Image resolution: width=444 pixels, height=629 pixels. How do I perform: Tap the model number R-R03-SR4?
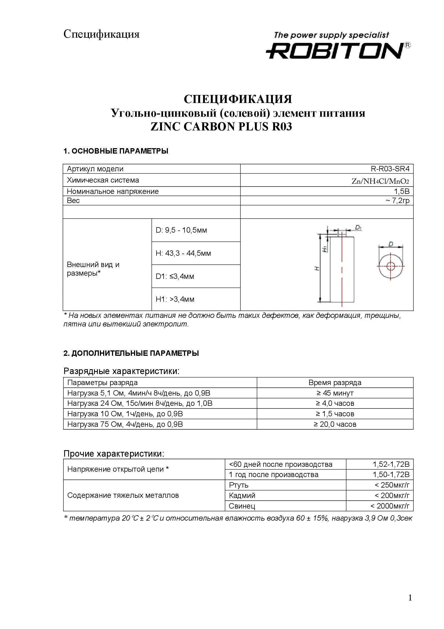(x=390, y=169)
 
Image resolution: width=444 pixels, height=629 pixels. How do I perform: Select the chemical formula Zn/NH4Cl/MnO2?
(x=380, y=181)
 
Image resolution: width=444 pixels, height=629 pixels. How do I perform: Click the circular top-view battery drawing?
(x=390, y=266)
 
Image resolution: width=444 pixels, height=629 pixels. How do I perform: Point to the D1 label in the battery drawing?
(x=358, y=227)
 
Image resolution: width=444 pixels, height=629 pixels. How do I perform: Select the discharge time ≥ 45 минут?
(x=335, y=393)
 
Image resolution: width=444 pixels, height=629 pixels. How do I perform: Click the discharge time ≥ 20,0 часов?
(x=335, y=424)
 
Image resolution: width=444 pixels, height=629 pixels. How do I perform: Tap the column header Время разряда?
(x=335, y=383)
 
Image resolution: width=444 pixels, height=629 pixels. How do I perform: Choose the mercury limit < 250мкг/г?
(x=392, y=485)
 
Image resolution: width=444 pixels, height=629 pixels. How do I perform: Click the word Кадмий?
(x=242, y=496)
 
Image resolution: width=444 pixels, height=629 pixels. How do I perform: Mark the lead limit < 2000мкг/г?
(x=390, y=506)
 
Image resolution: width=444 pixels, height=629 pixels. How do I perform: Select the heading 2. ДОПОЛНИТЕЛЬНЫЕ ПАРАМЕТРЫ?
(x=131, y=353)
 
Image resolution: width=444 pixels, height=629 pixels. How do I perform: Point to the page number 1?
(x=410, y=598)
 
